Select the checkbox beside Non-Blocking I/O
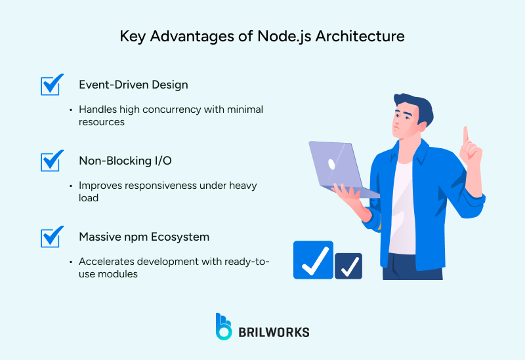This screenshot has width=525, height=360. pyautogui.click(x=51, y=161)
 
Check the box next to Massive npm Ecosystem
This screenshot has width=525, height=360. pyautogui.click(x=51, y=237)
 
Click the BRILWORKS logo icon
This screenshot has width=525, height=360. pyautogui.click(x=224, y=326)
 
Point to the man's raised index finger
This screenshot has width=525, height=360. pyautogui.click(x=466, y=135)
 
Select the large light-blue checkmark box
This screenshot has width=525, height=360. pyautogui.click(x=314, y=260)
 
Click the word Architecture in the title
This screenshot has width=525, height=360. pyautogui.click(x=360, y=37)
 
